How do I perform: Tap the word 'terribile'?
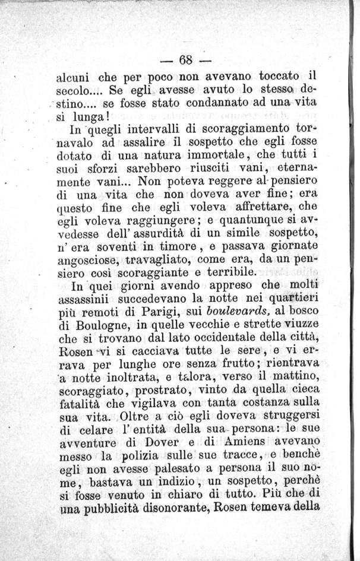click(x=225, y=272)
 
